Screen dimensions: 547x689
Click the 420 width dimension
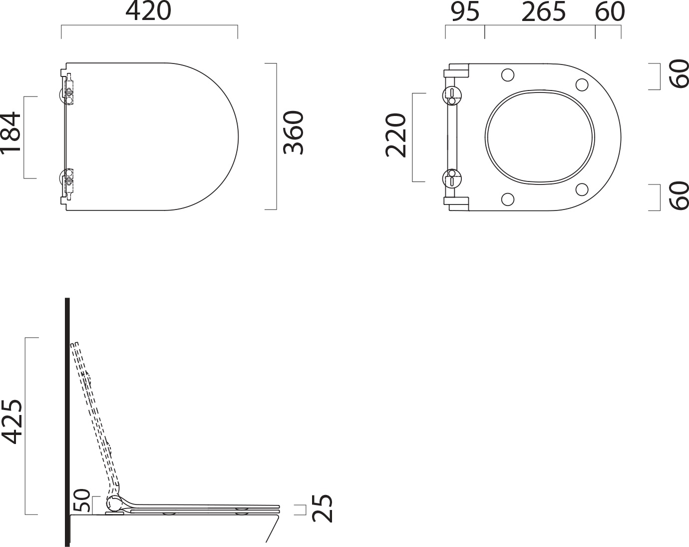[148, 12]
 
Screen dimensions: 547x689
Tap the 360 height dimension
[294, 132]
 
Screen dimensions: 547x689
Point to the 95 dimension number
[465, 12]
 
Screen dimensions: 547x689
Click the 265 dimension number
[543, 12]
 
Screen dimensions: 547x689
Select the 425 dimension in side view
[12, 421]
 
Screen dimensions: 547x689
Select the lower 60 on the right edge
[679, 196]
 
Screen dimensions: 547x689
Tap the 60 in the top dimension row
[610, 12]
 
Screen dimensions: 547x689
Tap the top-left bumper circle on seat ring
[507, 75]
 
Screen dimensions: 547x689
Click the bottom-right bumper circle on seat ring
[582, 189]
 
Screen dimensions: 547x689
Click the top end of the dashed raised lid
[74, 344]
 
